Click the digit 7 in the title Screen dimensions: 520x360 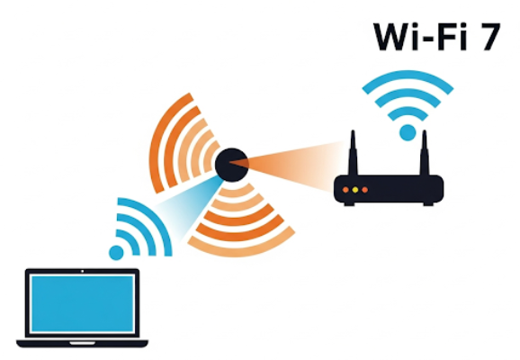[x=487, y=37]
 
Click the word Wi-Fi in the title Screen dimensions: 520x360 [x=420, y=37]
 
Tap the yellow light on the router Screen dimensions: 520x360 [x=355, y=190]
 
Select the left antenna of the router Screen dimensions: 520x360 [x=353, y=153]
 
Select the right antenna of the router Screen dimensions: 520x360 [x=425, y=153]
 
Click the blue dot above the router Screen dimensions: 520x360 [x=408, y=132]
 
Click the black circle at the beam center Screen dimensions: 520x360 [x=231, y=165]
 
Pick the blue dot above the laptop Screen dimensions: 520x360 [x=116, y=253]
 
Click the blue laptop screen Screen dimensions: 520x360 [x=82, y=303]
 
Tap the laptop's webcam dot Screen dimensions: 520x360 [x=82, y=271]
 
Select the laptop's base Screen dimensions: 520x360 [x=82, y=344]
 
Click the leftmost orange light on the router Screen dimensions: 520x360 [x=345, y=190]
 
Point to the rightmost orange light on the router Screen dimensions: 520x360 [x=364, y=190]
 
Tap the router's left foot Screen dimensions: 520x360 [x=349, y=204]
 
